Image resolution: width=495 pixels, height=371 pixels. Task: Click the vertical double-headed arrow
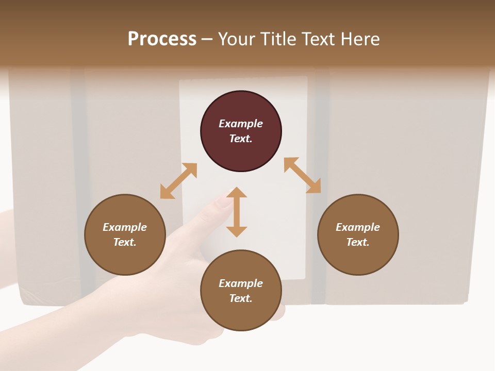[x=237, y=212]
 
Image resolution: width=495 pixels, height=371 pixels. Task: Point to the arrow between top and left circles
[x=178, y=181]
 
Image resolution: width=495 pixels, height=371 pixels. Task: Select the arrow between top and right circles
[x=302, y=175]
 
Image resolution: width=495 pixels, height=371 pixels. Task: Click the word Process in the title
[x=162, y=39]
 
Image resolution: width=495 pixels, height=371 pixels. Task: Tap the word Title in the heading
[x=281, y=39]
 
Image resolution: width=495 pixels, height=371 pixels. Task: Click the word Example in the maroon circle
[x=241, y=124]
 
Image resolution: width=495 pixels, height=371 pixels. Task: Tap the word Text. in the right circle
[x=358, y=242]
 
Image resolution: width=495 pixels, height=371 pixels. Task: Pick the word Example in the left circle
[x=125, y=227]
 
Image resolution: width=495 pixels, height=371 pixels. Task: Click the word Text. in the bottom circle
[x=241, y=298]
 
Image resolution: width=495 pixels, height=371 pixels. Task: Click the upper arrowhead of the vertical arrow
[x=237, y=192]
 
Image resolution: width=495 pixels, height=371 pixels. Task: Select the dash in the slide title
[x=207, y=39]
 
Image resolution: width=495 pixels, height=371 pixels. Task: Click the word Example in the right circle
[x=358, y=227]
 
